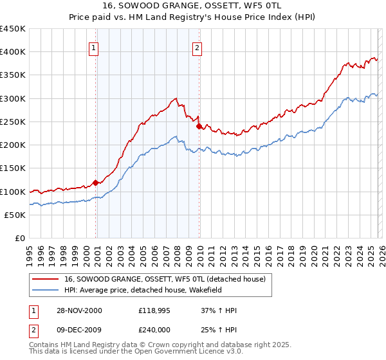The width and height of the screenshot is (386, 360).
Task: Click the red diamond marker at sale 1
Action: pos(96,183)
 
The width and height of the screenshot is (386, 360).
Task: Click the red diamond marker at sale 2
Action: pos(199,127)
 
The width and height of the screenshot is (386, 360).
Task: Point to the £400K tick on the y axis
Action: pos(13,52)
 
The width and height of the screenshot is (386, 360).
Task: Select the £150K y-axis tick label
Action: pos(13,168)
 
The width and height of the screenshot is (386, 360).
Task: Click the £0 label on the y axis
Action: pos(19,239)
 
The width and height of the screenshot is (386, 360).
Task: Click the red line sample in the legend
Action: pos(45,279)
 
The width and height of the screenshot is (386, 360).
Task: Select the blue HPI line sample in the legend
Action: pos(45,290)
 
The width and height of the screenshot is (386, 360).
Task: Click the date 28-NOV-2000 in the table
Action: pos(79,310)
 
